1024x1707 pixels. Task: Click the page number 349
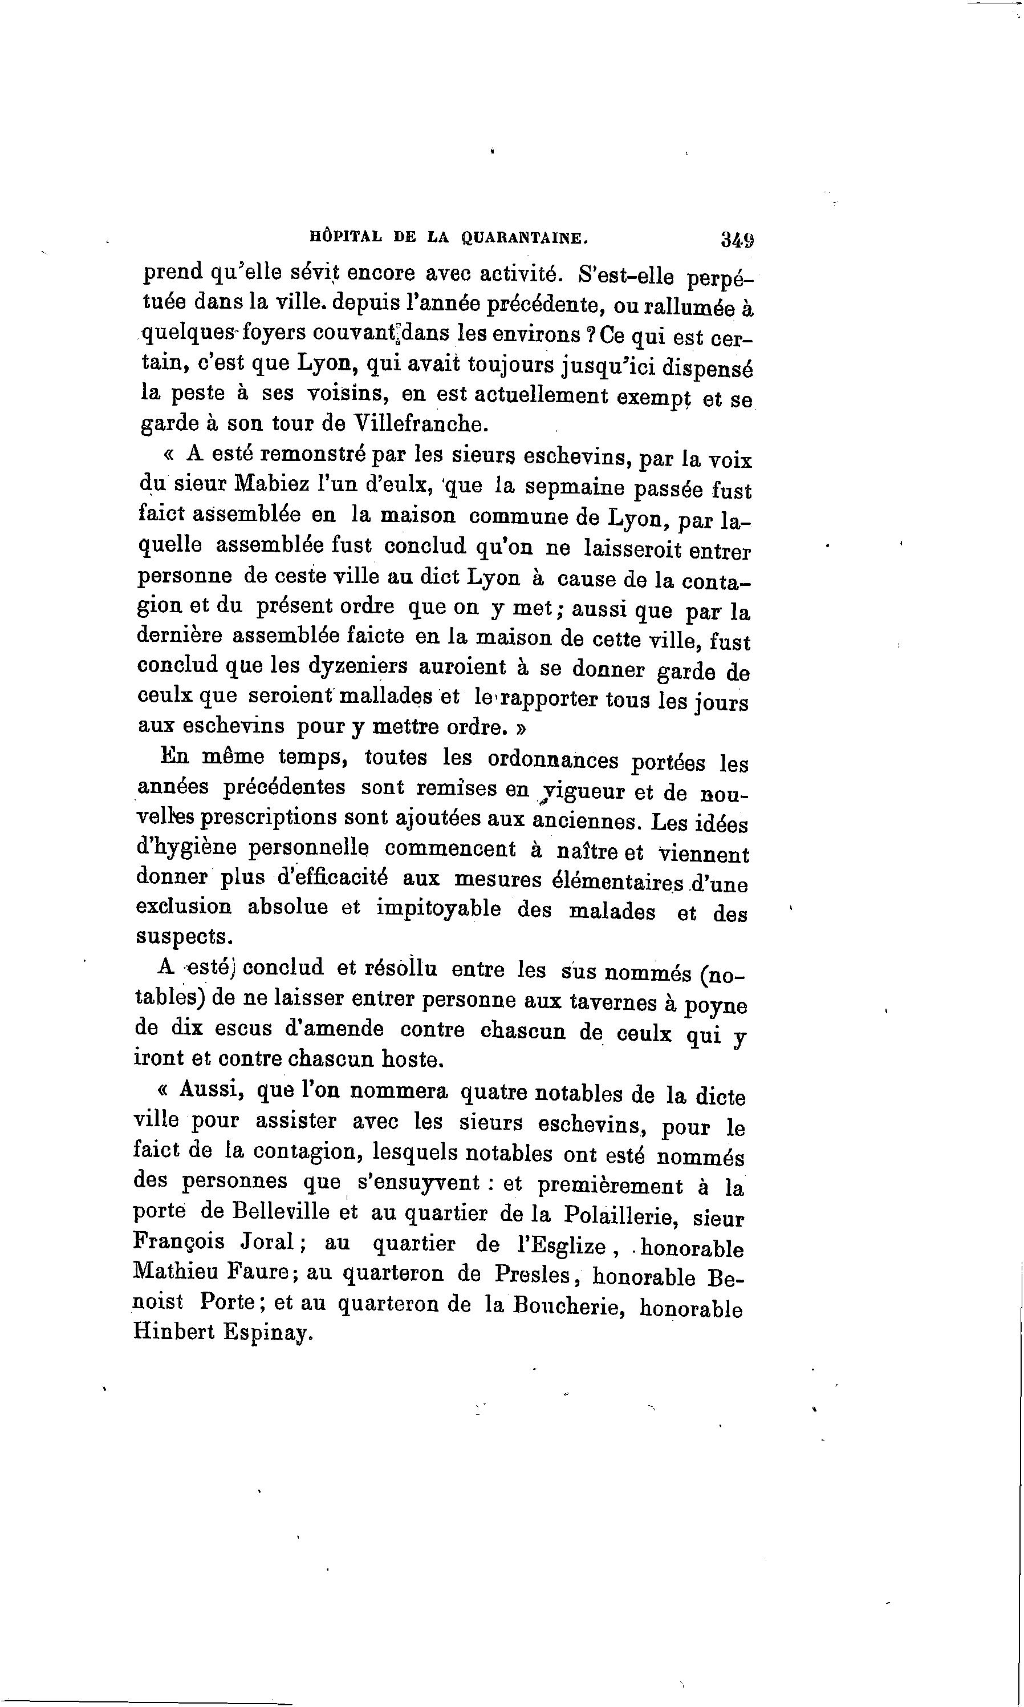(x=738, y=240)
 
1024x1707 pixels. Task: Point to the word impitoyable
(x=438, y=908)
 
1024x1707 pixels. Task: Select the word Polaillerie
(x=617, y=1215)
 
